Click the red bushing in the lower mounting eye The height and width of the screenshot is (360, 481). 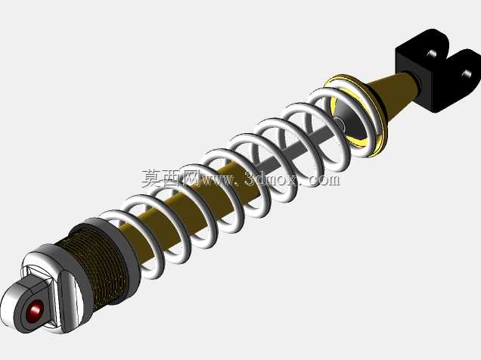pyautogui.click(x=34, y=311)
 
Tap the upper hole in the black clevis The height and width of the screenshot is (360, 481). pyautogui.click(x=432, y=54)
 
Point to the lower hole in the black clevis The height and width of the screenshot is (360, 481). pyautogui.click(x=467, y=74)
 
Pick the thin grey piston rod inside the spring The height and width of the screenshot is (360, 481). pyautogui.click(x=294, y=147)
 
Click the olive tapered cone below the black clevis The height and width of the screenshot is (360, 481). pyautogui.click(x=396, y=92)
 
